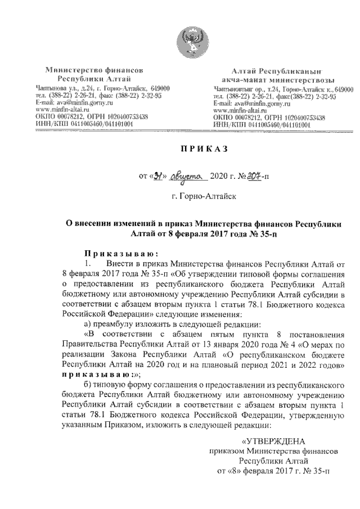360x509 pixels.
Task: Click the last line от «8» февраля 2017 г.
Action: click(x=273, y=471)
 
